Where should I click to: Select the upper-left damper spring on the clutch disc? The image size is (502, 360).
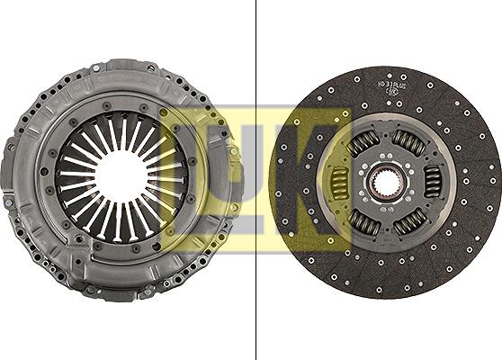coord(363,142)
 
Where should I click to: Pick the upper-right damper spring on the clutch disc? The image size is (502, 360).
coord(409,142)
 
